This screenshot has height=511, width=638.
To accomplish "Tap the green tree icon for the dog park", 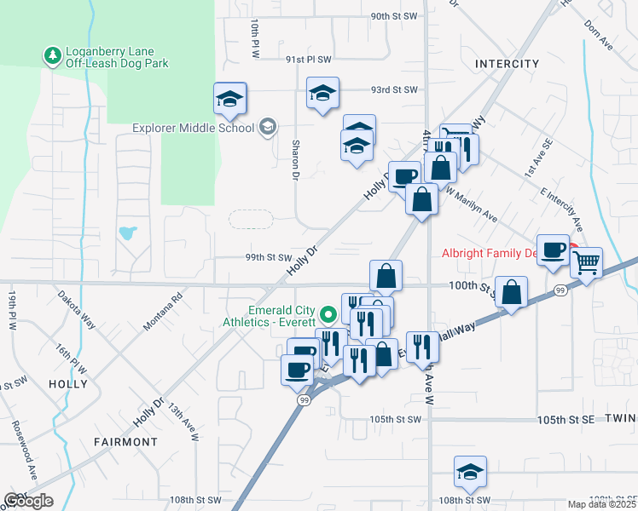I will tap(53, 56).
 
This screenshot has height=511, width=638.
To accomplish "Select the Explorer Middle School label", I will tap(193, 129).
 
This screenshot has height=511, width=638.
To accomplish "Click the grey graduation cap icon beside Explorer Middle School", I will tap(268, 128).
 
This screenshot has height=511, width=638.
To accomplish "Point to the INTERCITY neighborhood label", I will tap(507, 64).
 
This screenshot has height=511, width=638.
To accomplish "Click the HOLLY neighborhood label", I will tap(68, 384).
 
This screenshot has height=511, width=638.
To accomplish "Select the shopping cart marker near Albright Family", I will tap(586, 262).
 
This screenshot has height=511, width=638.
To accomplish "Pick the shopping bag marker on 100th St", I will tap(512, 292).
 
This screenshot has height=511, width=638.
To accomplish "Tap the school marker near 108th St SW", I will tap(470, 471).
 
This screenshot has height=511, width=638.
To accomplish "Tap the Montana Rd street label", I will tap(163, 313).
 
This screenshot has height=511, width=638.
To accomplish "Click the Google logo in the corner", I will tap(28, 501).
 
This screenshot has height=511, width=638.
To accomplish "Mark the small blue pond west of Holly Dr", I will tap(128, 232).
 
